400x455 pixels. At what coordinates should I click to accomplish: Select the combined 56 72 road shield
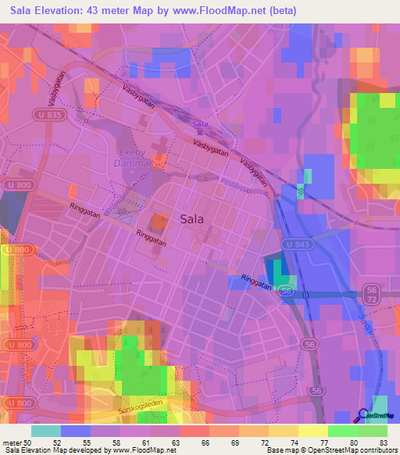pyautogui.click(x=372, y=294)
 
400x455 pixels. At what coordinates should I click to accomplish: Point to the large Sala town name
pyautogui.click(x=192, y=220)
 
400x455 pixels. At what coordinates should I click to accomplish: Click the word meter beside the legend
pyautogui.click(x=11, y=442)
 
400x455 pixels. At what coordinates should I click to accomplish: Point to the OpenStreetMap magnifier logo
pyautogui.click(x=363, y=417)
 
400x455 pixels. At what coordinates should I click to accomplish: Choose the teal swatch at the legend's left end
pyautogui.click(x=46, y=431)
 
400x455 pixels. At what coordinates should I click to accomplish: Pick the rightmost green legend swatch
pyautogui.click(x=373, y=431)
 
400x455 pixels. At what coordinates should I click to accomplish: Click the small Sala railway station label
pyautogui.click(x=201, y=124)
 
